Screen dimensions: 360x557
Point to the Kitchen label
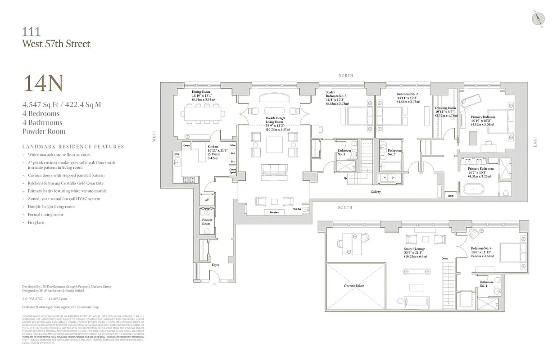pyautogui.click(x=213, y=147)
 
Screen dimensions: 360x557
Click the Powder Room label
pyautogui.click(x=207, y=221)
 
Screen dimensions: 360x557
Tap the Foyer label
pyautogui.click(x=216, y=265)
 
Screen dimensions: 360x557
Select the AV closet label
pyautogui.click(x=207, y=200)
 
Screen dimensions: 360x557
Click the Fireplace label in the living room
pyautogui.click(x=274, y=212)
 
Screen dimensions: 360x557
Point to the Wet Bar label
pyautogui.click(x=297, y=209)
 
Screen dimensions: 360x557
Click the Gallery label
pyautogui.click(x=376, y=192)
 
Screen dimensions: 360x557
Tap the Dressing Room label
pyautogui.click(x=446, y=108)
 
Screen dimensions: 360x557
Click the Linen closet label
pyautogui.click(x=450, y=196)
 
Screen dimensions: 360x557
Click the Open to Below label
pyautogui.click(x=354, y=286)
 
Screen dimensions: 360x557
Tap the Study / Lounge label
pyautogui.click(x=414, y=248)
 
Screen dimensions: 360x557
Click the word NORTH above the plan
pyautogui.click(x=346, y=76)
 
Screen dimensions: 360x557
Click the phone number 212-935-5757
pyautogui.click(x=32, y=298)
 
